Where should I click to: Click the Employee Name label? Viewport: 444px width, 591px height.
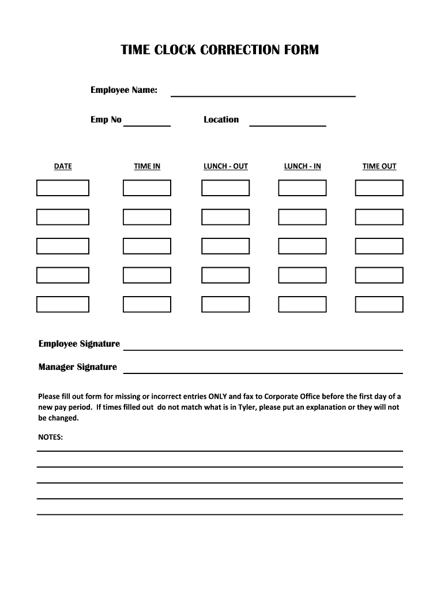pos(124,90)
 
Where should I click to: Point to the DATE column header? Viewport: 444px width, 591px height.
pos(63,166)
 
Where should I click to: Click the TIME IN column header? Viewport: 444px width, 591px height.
pos(147,166)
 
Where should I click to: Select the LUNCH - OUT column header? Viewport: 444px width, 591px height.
pos(225,166)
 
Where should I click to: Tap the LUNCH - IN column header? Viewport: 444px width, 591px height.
pos(302,166)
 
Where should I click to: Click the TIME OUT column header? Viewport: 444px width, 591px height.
pos(379,166)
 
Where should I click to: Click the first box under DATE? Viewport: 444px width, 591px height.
pos(63,188)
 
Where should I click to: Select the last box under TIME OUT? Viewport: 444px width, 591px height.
pos(379,304)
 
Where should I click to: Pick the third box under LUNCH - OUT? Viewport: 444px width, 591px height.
pos(225,246)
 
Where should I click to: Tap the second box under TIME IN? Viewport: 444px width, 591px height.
pos(147,217)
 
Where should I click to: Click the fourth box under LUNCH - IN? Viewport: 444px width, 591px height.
pos(302,275)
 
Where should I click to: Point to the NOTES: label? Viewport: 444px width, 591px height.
pos(50,437)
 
